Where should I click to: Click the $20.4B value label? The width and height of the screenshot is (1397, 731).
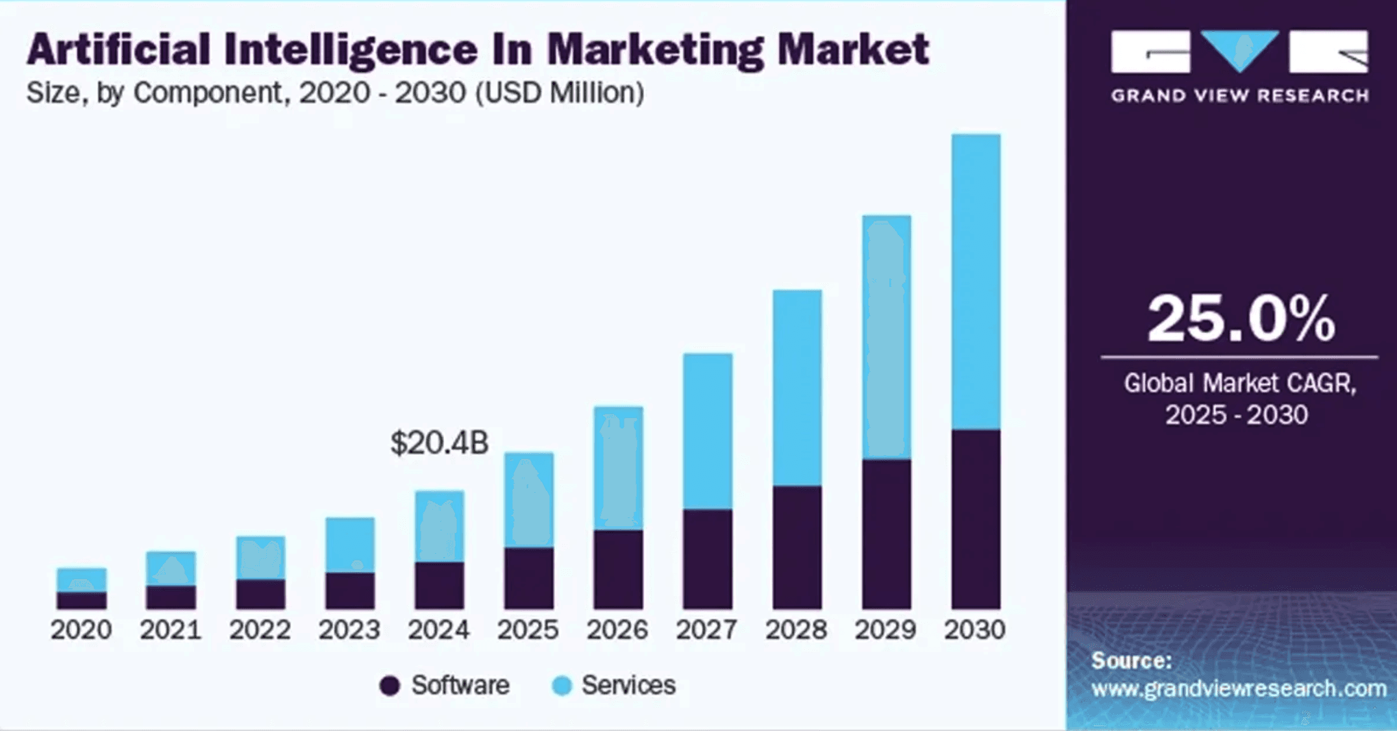pyautogui.click(x=439, y=443)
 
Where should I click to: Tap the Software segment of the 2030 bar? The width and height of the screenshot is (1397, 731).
pyautogui.click(x=976, y=519)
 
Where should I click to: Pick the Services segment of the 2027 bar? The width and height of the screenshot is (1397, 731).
pyautogui.click(x=708, y=431)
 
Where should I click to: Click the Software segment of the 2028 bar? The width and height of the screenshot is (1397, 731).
pyautogui.click(x=797, y=547)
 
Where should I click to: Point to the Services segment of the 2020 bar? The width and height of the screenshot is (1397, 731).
pyautogui.click(x=81, y=580)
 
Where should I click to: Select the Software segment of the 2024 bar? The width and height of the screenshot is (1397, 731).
pyautogui.click(x=439, y=585)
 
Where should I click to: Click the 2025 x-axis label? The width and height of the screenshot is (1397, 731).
pyautogui.click(x=528, y=630)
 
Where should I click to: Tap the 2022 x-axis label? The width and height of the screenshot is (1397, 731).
pyautogui.click(x=260, y=630)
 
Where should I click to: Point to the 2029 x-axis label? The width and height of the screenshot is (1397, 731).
pyautogui.click(x=885, y=630)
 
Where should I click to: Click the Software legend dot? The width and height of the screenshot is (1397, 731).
pyautogui.click(x=389, y=686)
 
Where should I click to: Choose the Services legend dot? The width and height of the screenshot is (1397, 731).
pyautogui.click(x=562, y=686)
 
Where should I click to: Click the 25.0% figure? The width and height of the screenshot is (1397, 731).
pyautogui.click(x=1241, y=319)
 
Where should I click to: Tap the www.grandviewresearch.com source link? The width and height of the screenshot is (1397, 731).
pyautogui.click(x=1239, y=688)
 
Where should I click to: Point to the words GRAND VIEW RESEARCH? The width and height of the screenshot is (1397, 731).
pyautogui.click(x=1240, y=96)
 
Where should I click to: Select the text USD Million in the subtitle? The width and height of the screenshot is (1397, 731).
pyautogui.click(x=560, y=93)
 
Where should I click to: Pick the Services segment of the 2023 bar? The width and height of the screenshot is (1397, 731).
pyautogui.click(x=350, y=545)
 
